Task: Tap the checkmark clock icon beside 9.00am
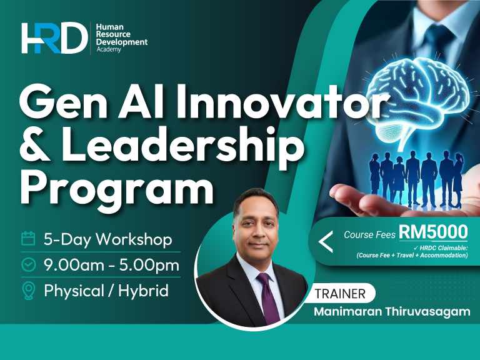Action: click(x=28, y=264)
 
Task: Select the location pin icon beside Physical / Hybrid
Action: click(x=28, y=291)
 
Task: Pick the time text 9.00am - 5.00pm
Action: click(x=112, y=265)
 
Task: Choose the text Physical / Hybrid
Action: click(x=106, y=291)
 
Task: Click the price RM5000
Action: click(x=433, y=232)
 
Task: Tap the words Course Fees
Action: click(x=369, y=235)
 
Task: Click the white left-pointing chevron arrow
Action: click(x=325, y=241)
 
